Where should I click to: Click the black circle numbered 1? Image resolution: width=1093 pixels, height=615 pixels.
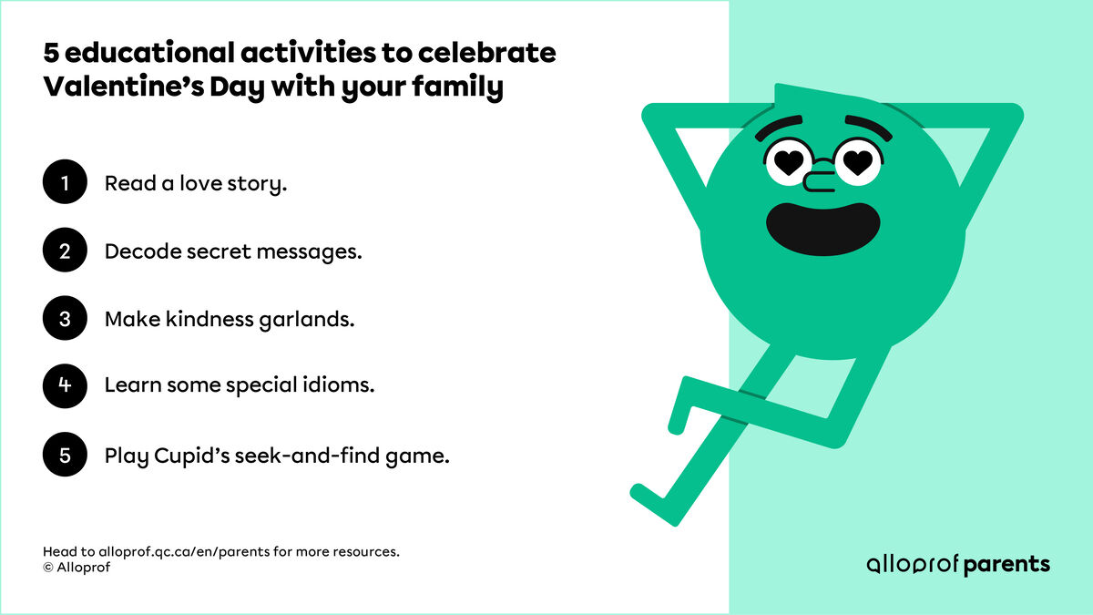pyautogui.click(x=65, y=184)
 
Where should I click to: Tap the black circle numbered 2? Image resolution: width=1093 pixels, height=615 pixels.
pyautogui.click(x=65, y=251)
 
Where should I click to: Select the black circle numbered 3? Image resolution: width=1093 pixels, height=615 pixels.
pyautogui.click(x=65, y=320)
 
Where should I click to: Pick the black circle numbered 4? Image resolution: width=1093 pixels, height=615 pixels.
pyautogui.click(x=65, y=385)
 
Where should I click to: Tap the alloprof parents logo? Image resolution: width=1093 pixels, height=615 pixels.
pyautogui.click(x=958, y=564)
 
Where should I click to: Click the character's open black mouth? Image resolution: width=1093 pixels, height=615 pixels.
pyautogui.click(x=823, y=226)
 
